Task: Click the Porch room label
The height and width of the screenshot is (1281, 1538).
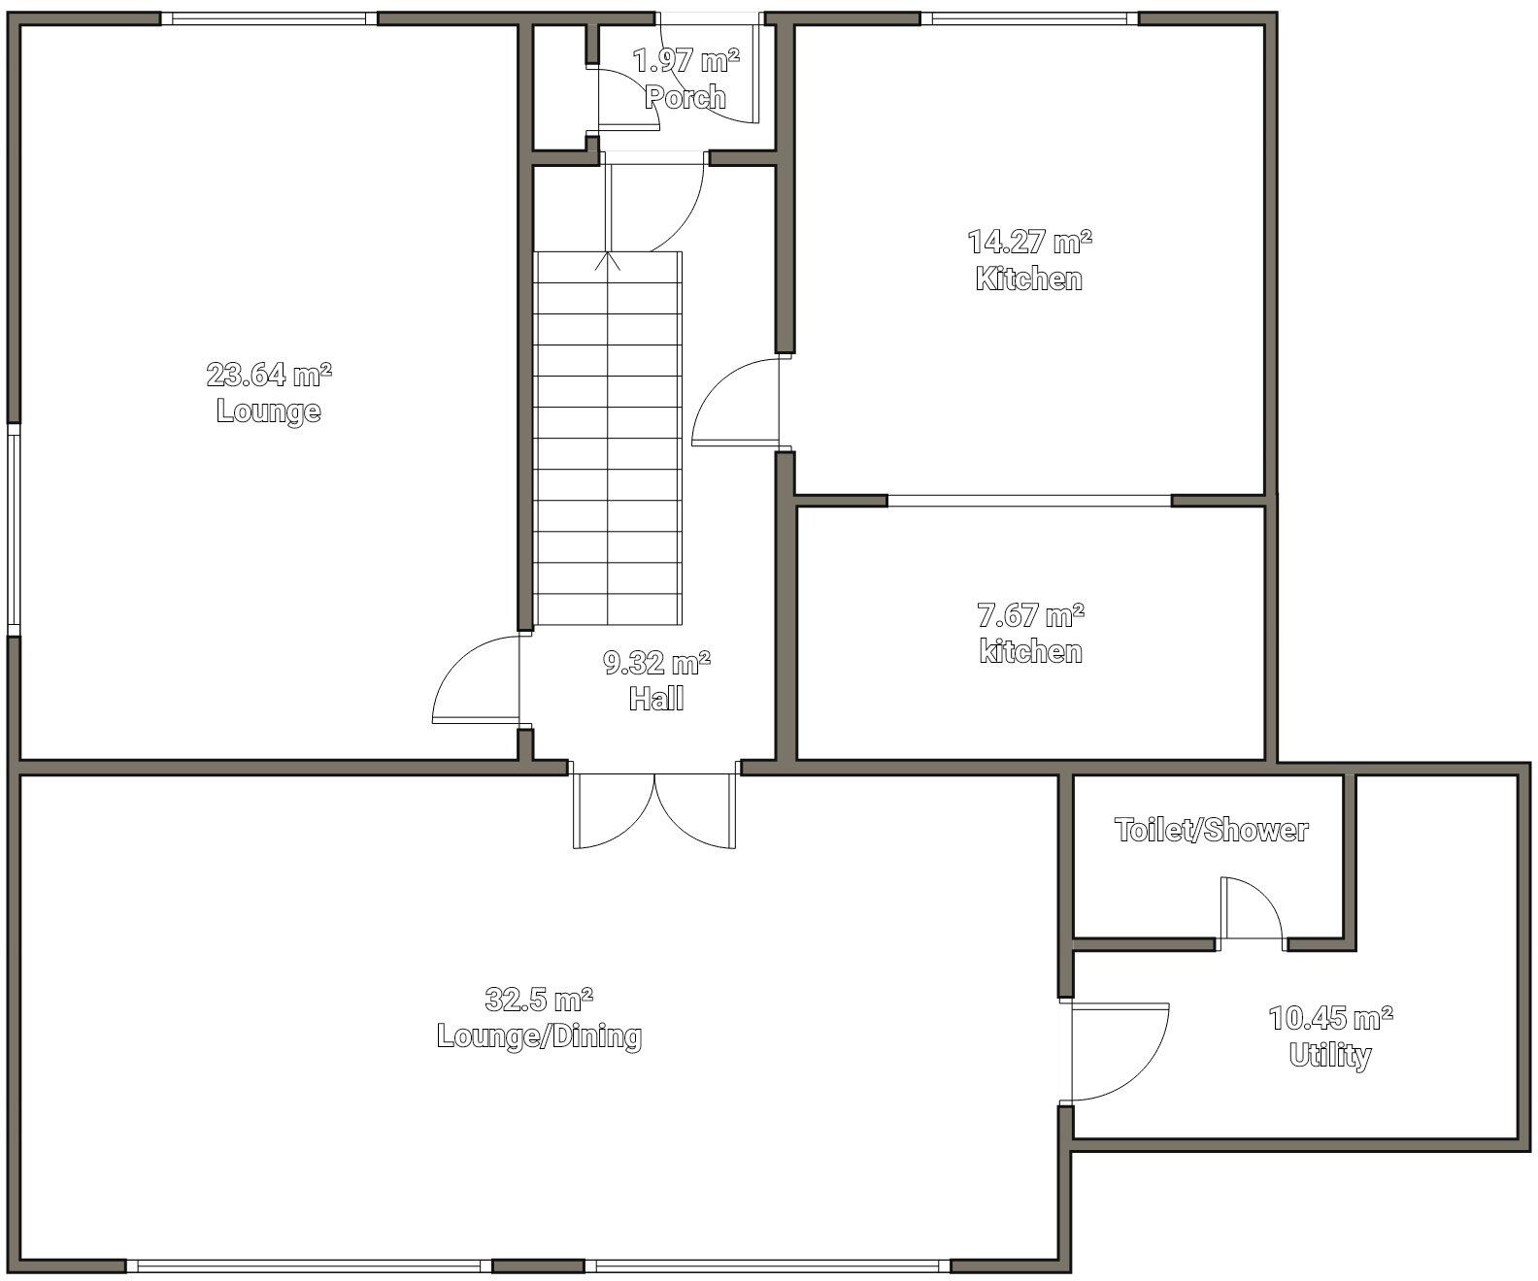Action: [685, 97]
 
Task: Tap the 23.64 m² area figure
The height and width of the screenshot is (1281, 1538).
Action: [269, 374]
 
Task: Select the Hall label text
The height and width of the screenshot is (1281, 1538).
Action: [656, 699]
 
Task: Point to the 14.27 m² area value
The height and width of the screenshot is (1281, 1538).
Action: [1029, 241]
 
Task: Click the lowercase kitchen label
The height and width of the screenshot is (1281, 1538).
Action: [1030, 651]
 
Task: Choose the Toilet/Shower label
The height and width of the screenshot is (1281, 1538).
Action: [1211, 831]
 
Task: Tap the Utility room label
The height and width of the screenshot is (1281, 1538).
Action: [1330, 1055]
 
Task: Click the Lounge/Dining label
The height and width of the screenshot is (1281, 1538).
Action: [539, 1036]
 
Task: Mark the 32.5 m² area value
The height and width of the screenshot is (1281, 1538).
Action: [539, 999]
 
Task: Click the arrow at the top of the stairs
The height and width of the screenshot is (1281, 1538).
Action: [609, 259]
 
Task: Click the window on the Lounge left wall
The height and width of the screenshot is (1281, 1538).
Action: [14, 530]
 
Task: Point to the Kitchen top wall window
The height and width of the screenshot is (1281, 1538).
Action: [1029, 18]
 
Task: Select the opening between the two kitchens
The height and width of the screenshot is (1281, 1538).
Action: [1029, 501]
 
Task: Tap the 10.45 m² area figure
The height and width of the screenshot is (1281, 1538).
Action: [1330, 1018]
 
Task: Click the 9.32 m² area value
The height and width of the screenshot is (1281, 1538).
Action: [656, 664]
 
